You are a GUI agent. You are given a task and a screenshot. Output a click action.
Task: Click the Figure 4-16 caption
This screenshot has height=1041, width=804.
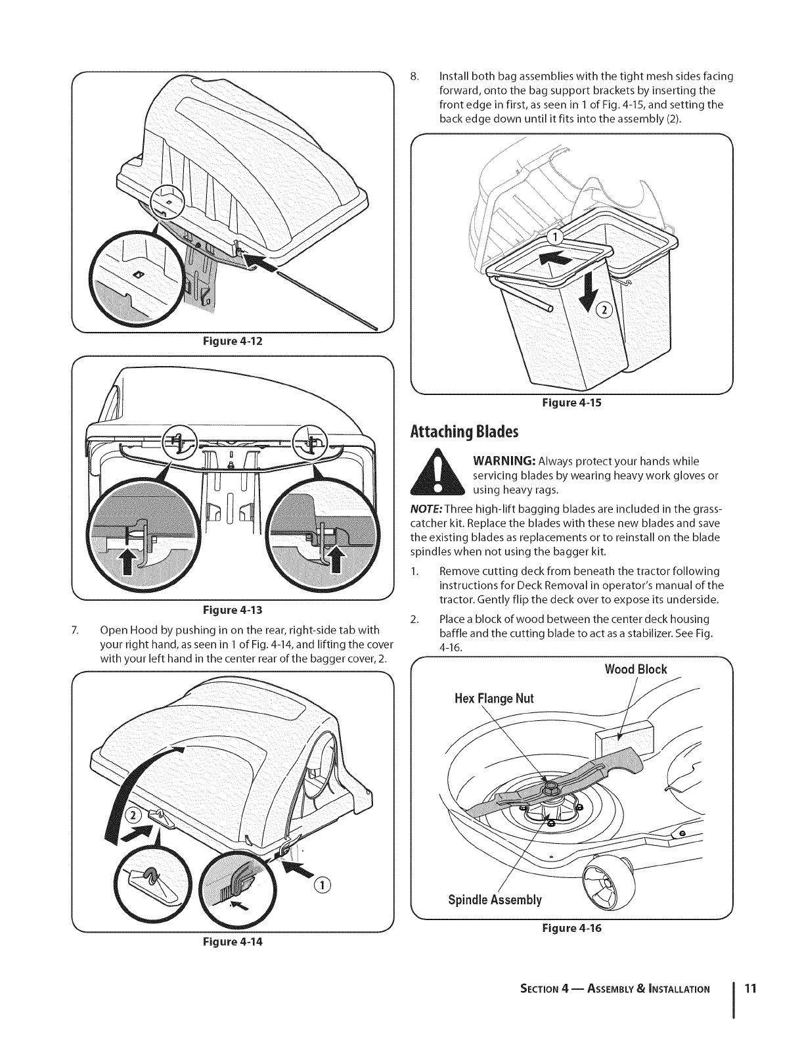coord(570,928)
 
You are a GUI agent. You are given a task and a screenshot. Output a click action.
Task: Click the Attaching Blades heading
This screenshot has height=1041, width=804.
coord(464,432)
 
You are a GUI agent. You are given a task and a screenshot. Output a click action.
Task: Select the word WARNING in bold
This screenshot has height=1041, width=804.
coord(504,461)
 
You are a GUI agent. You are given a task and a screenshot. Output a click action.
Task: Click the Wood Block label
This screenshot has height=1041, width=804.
coord(635,670)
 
